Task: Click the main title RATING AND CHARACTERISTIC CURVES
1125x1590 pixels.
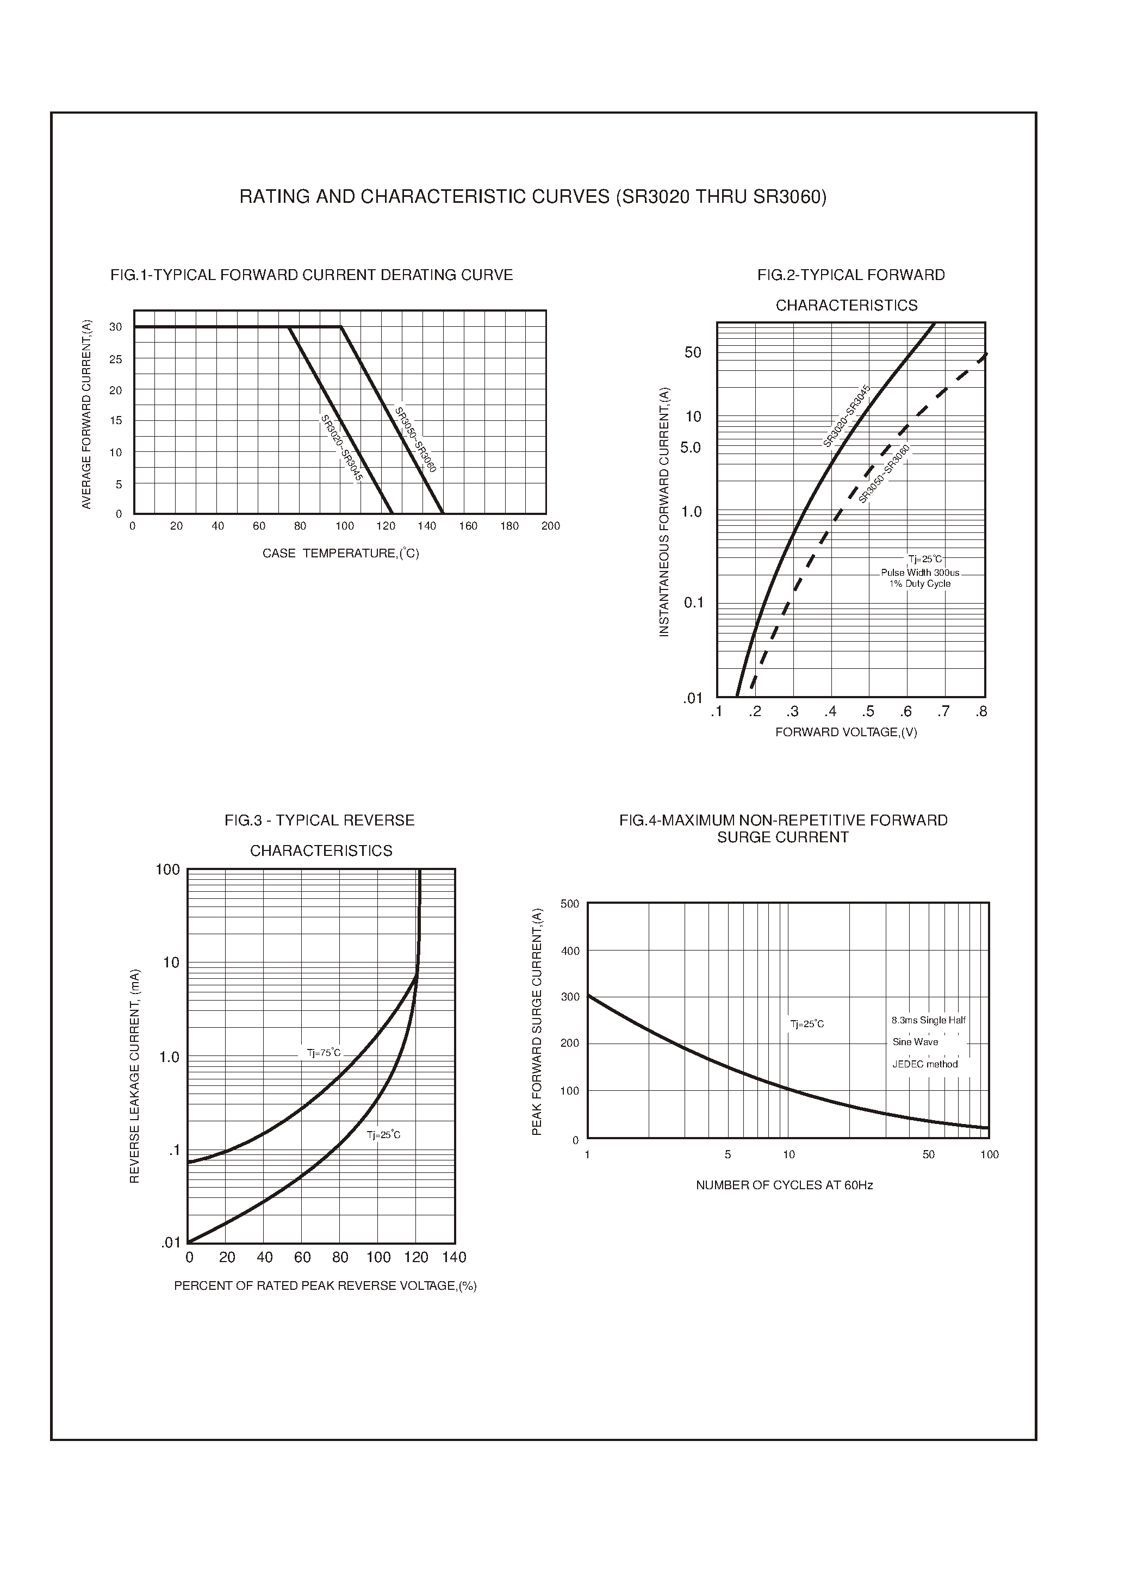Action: (533, 197)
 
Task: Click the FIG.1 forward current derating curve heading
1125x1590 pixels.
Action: (311, 275)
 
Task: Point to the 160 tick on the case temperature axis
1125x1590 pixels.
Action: (468, 526)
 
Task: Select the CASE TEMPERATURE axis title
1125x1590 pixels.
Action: (340, 554)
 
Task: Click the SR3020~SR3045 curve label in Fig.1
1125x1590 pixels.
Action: (341, 448)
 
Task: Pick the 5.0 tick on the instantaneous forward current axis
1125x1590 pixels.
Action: (690, 448)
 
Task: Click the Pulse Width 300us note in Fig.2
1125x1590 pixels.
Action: (920, 573)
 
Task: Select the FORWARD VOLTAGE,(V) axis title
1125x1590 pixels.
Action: (846, 732)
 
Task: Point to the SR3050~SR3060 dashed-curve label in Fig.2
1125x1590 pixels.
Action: (884, 475)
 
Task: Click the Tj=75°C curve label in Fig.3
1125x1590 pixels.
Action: (324, 1053)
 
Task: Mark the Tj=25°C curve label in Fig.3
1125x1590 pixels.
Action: (383, 1135)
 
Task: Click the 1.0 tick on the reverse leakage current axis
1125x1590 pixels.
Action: (169, 1057)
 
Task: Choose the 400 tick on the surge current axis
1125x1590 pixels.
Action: (570, 951)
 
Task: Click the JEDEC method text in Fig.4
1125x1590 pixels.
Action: (925, 1064)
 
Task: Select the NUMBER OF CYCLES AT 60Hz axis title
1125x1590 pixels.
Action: (784, 1185)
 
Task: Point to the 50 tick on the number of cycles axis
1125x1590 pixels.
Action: (928, 1155)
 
